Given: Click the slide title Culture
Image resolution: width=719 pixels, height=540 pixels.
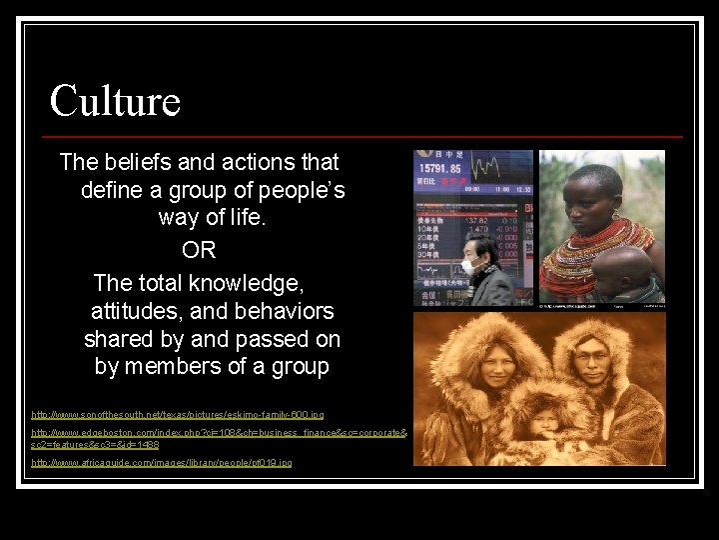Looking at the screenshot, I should (x=115, y=101).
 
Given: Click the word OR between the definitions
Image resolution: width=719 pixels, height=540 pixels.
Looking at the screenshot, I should (x=199, y=246).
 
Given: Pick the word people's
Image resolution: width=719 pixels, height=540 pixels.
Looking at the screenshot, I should (x=299, y=190).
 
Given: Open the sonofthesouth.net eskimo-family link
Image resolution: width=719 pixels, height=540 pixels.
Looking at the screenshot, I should (x=178, y=413).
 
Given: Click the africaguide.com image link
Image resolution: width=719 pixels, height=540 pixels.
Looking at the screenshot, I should (x=162, y=463).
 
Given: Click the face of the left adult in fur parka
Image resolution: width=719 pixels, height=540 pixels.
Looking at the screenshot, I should (x=476, y=369).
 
